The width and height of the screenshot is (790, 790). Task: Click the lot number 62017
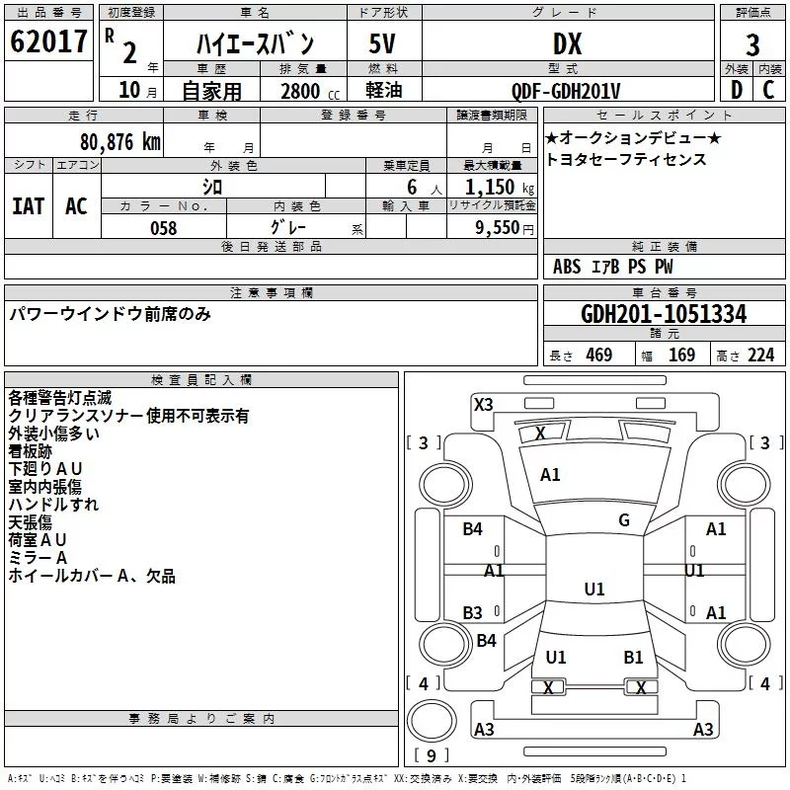(x=48, y=41)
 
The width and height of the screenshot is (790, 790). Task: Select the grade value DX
(x=567, y=43)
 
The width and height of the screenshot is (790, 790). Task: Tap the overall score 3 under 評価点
(x=752, y=45)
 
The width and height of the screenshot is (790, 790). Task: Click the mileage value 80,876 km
(x=120, y=142)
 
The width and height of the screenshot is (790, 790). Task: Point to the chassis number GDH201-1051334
(x=664, y=314)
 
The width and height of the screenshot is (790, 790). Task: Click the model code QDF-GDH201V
(x=565, y=91)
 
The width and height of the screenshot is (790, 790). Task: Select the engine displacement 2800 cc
(x=310, y=91)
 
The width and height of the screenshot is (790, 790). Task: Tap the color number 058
(x=164, y=228)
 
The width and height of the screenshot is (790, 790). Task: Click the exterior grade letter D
(x=737, y=90)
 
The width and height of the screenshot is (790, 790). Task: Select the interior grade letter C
(x=769, y=90)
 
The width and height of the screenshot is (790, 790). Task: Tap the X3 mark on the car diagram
(x=484, y=405)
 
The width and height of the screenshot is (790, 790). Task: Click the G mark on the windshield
(x=624, y=520)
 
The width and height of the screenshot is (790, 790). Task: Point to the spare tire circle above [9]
(x=432, y=721)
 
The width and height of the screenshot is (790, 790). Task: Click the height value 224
(x=760, y=355)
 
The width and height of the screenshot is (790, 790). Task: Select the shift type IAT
(x=29, y=206)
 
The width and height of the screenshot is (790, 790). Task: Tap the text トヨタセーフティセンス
(x=626, y=159)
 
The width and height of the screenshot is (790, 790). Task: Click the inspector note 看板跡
(x=31, y=451)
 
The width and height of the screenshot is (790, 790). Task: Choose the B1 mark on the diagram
(x=633, y=658)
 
